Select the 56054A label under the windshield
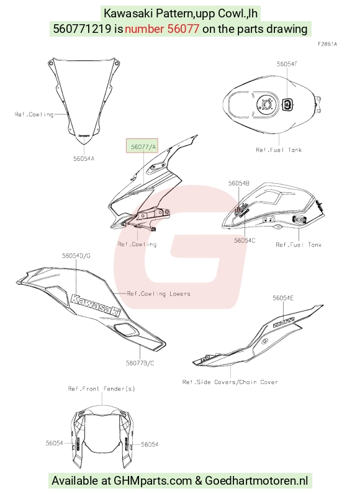tap(84, 159)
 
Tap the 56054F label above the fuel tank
tap(287, 65)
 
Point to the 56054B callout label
tap(239, 183)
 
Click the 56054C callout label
tap(245, 240)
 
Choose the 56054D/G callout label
tap(76, 256)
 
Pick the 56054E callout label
tap(283, 298)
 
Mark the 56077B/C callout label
tap(140, 363)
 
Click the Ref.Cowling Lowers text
tap(159, 294)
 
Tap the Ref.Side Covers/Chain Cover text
tap(230, 382)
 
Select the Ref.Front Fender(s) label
tap(102, 388)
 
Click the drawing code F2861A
tap(327, 44)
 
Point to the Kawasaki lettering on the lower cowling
tap(96, 305)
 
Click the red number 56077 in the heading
tap(183, 29)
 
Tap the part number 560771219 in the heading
tap(82, 29)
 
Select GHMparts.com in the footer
tap(153, 481)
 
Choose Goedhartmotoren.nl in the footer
tap(256, 481)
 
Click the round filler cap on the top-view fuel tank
tap(267, 104)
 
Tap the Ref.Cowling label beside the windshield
tap(34, 114)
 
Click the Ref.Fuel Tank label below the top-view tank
tap(279, 150)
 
